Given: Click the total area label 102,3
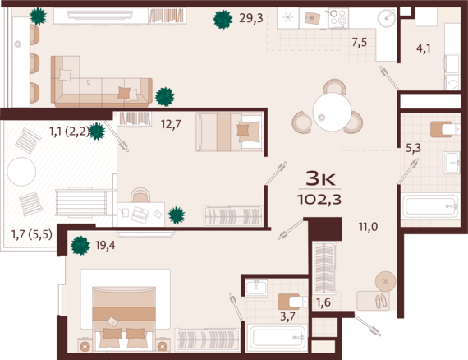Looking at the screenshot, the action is pyautogui.click(x=319, y=199).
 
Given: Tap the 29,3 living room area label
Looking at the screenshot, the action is pyautogui.click(x=251, y=18).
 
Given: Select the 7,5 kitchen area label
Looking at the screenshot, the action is pyautogui.click(x=360, y=43).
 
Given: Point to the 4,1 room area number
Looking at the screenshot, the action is pyautogui.click(x=424, y=48).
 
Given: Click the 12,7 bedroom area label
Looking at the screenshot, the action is pyautogui.click(x=171, y=124).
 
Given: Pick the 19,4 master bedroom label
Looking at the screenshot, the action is pyautogui.click(x=105, y=245).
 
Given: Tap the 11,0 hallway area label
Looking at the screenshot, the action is pyautogui.click(x=368, y=227).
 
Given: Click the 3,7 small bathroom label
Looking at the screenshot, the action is pyautogui.click(x=287, y=316).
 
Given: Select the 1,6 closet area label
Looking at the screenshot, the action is pyautogui.click(x=323, y=302).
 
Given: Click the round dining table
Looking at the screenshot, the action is pyautogui.click(x=333, y=112).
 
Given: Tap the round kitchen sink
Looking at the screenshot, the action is pyautogui.click(x=386, y=18).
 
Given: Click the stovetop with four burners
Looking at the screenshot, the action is pyautogui.click(x=338, y=18).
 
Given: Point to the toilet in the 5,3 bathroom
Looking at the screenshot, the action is pyautogui.click(x=445, y=129).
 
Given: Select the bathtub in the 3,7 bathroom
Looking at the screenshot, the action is pyautogui.click(x=277, y=337).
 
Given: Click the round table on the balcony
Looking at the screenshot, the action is pyautogui.click(x=21, y=172).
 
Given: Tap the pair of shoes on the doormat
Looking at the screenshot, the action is pyautogui.click(x=381, y=301).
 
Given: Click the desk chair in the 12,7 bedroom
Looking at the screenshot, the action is pyautogui.click(x=140, y=195).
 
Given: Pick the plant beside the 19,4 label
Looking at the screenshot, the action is pyautogui.click(x=80, y=245).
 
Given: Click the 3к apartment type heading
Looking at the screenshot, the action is pyautogui.click(x=320, y=178).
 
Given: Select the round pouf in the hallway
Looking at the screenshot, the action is pyautogui.click(x=385, y=281).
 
